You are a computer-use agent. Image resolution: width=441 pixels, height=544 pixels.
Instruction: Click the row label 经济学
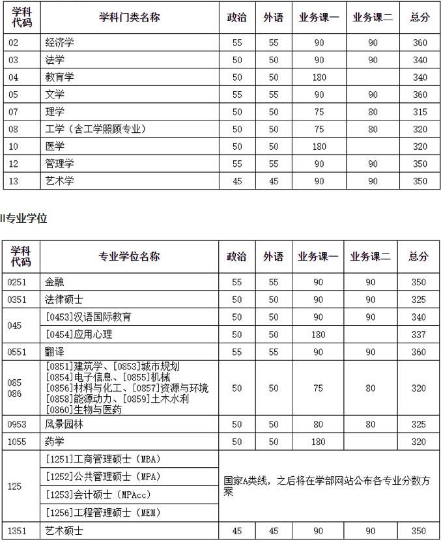click(60, 42)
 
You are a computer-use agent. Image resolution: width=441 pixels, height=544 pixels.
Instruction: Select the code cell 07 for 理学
click(14, 111)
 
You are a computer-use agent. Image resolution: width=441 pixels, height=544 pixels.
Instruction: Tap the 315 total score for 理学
click(420, 111)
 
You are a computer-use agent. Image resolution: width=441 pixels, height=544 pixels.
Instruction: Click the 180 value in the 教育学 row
click(319, 77)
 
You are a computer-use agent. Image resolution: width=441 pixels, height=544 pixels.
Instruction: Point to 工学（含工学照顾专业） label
click(96, 129)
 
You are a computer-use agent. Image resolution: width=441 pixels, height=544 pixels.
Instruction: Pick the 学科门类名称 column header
click(129, 18)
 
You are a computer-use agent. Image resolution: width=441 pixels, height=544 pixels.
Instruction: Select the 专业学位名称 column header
click(129, 257)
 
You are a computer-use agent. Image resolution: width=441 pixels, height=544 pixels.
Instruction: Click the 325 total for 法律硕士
click(419, 300)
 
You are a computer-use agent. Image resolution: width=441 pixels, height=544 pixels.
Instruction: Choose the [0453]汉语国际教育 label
click(89, 317)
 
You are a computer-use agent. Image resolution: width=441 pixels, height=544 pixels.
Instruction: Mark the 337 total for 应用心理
click(419, 334)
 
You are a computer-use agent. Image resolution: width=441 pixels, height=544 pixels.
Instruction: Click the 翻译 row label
click(55, 352)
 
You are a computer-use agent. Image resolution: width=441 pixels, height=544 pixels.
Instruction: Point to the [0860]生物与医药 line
click(83, 410)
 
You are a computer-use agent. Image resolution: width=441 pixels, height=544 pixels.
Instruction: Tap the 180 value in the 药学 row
click(319, 442)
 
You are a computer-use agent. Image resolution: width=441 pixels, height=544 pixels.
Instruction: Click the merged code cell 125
click(14, 485)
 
